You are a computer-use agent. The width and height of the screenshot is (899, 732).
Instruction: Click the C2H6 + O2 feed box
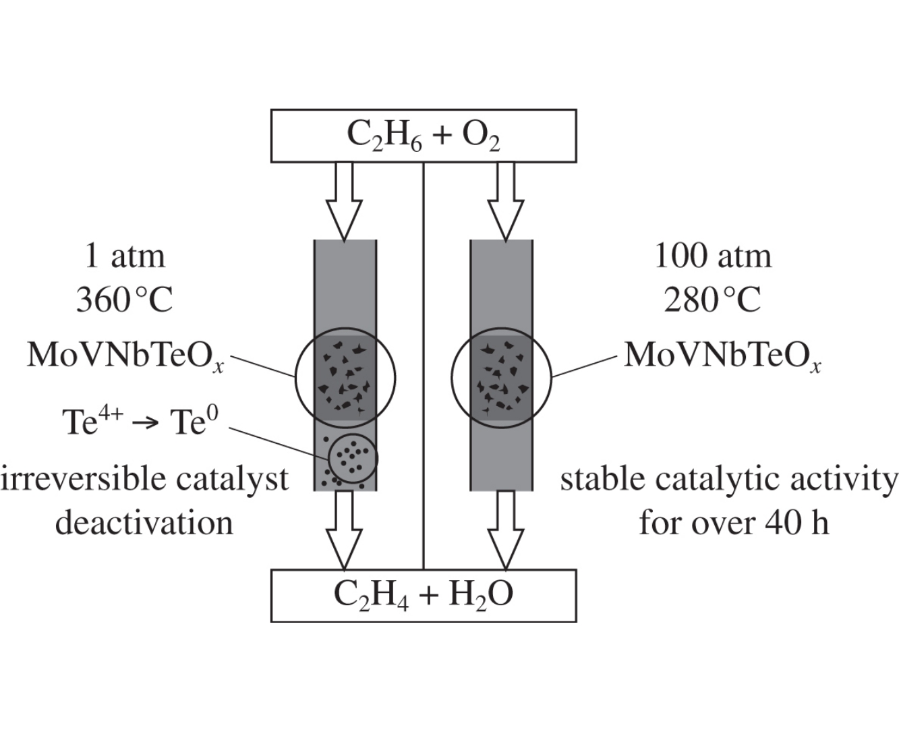tap(424, 136)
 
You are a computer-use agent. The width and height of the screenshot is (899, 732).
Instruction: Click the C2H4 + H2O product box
tap(424, 594)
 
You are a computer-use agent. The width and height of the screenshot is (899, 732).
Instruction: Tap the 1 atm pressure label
tap(124, 256)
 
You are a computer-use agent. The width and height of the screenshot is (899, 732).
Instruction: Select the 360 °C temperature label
tap(124, 300)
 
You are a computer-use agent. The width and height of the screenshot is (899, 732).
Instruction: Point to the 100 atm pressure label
tap(713, 256)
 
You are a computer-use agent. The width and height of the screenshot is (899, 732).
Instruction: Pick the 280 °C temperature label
tap(713, 300)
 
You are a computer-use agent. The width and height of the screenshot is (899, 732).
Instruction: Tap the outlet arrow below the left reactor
tap(344, 530)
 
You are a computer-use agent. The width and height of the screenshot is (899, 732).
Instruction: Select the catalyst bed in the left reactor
tap(345, 378)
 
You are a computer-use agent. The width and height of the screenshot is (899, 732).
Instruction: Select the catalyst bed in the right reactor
tap(501, 378)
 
